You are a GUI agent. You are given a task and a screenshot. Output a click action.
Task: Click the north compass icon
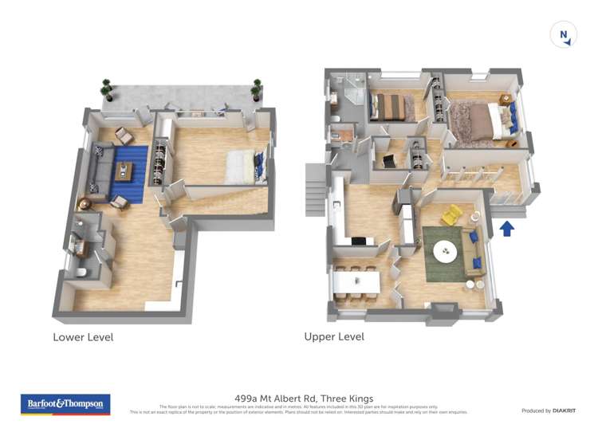tap(563, 35)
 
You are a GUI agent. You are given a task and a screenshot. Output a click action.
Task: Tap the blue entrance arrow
tap(506, 229)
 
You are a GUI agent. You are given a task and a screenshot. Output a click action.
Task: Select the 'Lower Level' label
tap(83, 337)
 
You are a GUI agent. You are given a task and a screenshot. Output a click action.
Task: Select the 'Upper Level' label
tap(334, 337)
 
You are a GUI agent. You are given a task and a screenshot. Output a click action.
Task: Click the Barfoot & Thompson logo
tap(65, 404)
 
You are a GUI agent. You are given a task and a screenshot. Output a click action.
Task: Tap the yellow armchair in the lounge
tap(451, 215)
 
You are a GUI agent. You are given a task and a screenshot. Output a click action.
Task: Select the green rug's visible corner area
tap(431, 274)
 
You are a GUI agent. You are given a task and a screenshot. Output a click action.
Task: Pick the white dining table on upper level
tap(356, 281)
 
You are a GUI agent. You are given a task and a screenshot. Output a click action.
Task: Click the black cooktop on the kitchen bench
tap(358, 242)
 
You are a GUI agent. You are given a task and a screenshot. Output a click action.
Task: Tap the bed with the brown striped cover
tap(391, 106)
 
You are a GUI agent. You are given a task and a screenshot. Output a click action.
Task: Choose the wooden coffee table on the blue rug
tap(124, 171)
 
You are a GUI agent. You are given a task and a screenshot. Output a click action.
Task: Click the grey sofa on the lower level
tap(99, 172)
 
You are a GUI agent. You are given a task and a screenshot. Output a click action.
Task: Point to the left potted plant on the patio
tap(107, 88)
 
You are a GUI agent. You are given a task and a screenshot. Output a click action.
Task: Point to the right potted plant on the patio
tap(257, 88)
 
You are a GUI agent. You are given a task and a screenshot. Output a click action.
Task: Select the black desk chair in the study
tap(389, 162)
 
